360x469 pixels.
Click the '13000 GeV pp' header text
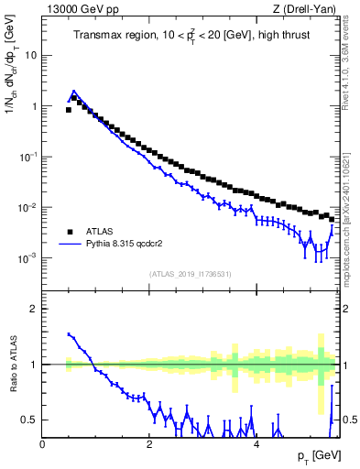tap(73, 9)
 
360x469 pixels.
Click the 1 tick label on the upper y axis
tap(34, 106)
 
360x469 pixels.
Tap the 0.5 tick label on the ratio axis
tap(30, 420)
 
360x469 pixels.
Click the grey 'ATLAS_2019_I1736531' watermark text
tap(191, 273)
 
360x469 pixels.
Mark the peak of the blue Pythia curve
tap(73, 92)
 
